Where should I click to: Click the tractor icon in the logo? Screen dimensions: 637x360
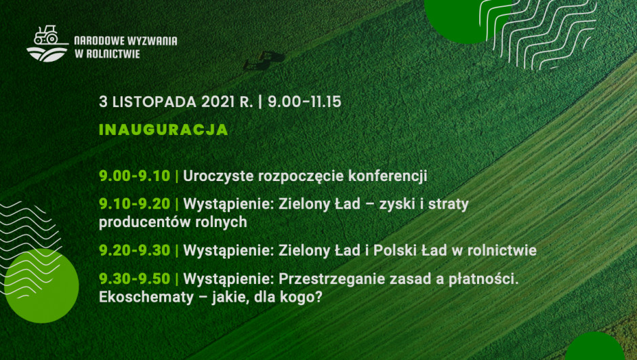[x=46, y=35]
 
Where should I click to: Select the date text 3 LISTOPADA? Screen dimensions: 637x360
[x=148, y=102]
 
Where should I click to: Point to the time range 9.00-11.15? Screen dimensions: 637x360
[x=304, y=102]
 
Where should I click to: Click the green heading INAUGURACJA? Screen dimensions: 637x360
[x=163, y=129]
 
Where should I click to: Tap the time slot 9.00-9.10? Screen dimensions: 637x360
[x=134, y=176]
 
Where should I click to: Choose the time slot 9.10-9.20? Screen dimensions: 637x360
[x=134, y=204]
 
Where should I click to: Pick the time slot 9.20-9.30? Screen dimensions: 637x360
[x=134, y=250]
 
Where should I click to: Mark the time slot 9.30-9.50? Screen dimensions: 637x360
[x=134, y=279]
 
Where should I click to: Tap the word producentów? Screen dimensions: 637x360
[x=144, y=222]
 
